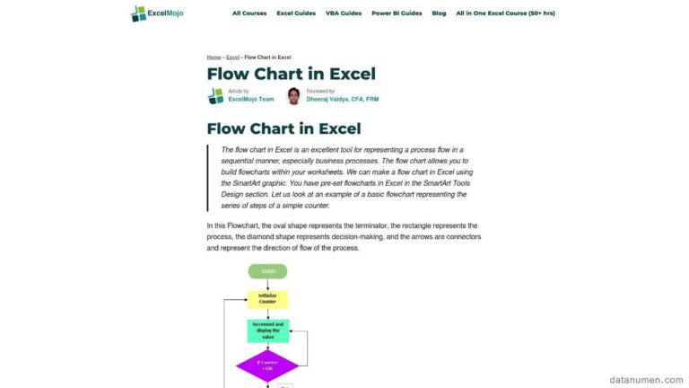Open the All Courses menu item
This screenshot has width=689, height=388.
(x=249, y=13)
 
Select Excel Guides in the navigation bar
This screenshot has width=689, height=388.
(x=296, y=13)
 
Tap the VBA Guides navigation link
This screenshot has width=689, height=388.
(x=344, y=13)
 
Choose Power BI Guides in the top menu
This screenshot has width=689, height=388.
(x=396, y=13)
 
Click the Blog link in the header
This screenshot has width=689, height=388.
(x=439, y=13)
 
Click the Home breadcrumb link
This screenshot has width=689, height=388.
(x=214, y=57)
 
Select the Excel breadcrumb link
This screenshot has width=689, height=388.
(x=232, y=57)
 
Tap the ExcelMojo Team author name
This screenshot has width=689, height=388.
(x=251, y=99)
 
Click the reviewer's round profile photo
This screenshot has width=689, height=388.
(x=293, y=95)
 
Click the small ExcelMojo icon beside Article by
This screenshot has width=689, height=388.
(x=215, y=95)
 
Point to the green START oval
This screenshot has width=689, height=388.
(x=268, y=271)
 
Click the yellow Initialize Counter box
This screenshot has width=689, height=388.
(x=267, y=299)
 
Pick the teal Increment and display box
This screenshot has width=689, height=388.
(x=267, y=330)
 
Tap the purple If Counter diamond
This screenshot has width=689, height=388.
(x=267, y=366)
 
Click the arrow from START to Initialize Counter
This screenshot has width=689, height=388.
(x=267, y=285)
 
